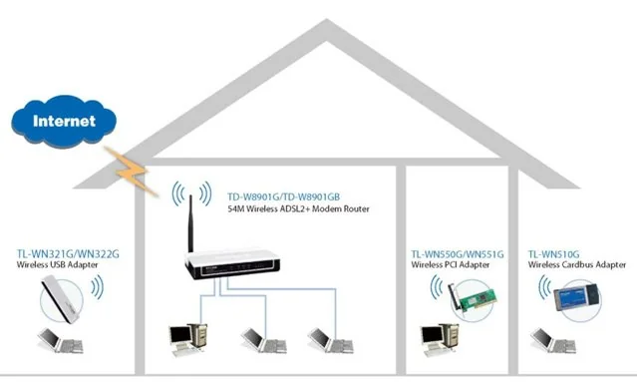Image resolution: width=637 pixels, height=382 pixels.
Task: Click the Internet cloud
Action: coord(65,121)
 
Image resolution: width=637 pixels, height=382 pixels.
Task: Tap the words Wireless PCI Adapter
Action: coord(450,266)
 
